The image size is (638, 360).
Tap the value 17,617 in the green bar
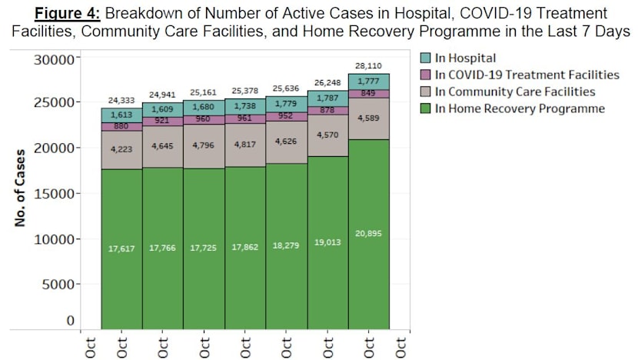point(121,248)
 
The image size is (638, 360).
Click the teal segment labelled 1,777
point(369,82)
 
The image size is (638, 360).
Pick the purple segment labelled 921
point(163,121)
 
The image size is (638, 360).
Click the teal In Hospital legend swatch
point(426,58)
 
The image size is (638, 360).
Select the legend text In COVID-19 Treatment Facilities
point(527,75)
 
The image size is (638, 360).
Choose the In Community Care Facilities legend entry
point(513,92)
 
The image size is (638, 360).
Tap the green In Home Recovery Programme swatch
point(426,108)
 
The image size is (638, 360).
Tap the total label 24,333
point(121,100)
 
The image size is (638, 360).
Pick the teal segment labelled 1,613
point(121,115)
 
